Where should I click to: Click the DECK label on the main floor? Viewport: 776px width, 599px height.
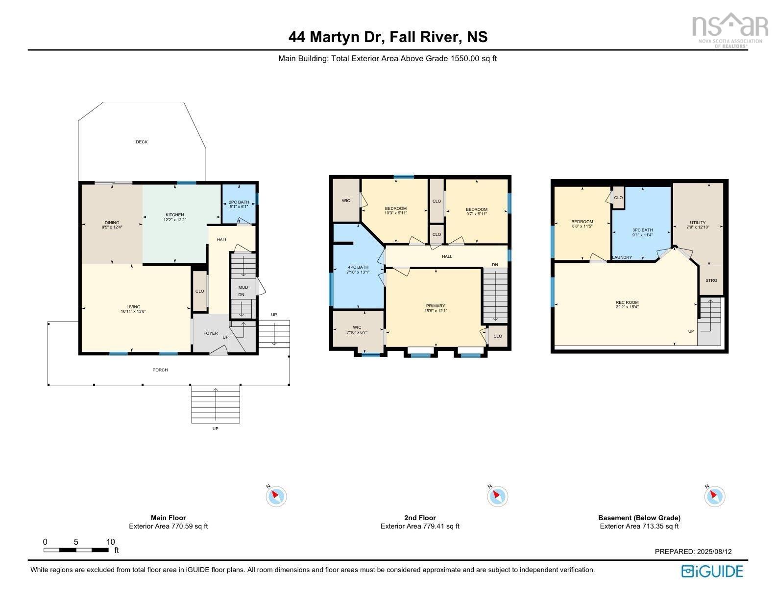point(142,142)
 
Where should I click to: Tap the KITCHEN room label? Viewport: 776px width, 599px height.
point(174,215)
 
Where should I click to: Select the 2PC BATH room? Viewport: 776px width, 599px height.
point(239,204)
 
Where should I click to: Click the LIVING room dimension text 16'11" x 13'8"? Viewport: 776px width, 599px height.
point(133,312)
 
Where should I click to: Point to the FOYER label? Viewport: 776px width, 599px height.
point(211,333)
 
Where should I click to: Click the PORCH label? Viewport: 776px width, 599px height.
point(160,370)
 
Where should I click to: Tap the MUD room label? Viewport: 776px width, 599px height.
point(243,287)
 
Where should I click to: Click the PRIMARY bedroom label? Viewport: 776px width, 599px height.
point(436,306)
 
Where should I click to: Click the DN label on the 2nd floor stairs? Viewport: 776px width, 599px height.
point(495,265)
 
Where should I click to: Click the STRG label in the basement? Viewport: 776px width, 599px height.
point(711,280)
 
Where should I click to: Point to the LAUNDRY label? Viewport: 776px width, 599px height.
point(622,257)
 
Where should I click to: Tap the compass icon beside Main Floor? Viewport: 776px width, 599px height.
point(276,496)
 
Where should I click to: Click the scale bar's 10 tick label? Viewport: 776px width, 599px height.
point(111,542)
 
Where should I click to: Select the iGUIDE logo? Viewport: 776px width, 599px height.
point(712,571)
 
